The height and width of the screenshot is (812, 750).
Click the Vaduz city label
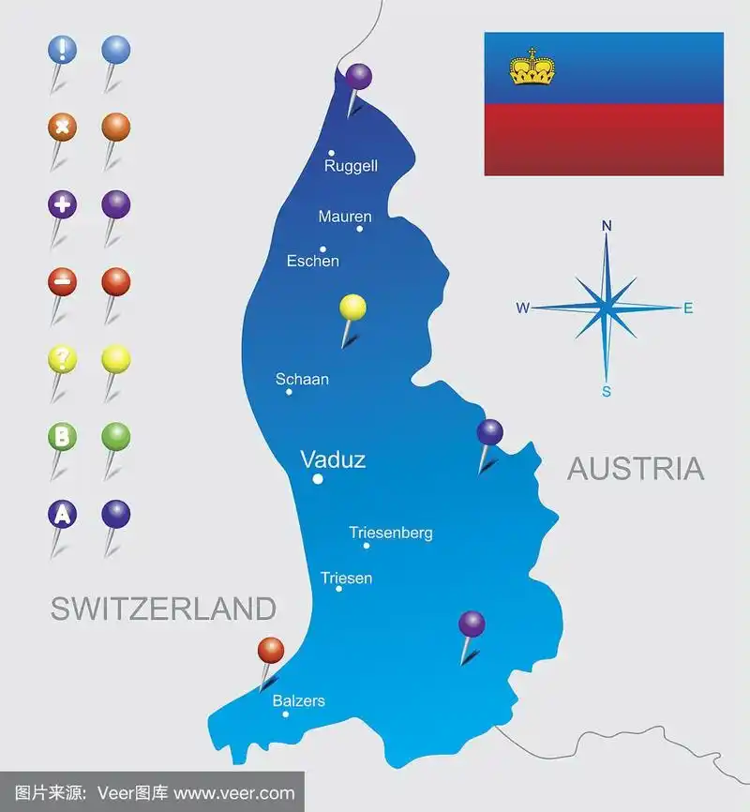click(x=332, y=459)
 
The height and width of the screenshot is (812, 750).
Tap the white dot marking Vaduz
click(x=318, y=479)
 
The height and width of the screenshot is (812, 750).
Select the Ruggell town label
click(x=351, y=166)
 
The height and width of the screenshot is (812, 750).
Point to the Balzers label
click(x=298, y=700)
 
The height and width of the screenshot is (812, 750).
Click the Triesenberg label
click(x=390, y=533)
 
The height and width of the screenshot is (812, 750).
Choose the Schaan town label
click(x=302, y=380)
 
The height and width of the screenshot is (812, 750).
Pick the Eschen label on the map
click(x=313, y=261)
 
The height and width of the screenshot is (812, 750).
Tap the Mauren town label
click(x=345, y=217)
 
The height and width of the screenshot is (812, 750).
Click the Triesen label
click(x=346, y=579)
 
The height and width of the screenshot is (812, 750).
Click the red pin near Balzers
click(x=270, y=650)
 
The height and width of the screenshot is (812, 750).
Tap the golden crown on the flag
click(x=532, y=68)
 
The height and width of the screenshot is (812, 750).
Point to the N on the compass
click(x=607, y=225)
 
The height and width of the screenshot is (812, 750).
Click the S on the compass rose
click(x=607, y=391)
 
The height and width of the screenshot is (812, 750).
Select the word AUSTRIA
click(x=636, y=469)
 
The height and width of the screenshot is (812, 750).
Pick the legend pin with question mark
click(x=62, y=359)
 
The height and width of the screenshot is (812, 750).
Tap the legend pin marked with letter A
click(x=62, y=514)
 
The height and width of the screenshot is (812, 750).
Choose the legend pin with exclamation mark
click(x=62, y=49)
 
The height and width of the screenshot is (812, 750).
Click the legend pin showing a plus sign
click(x=62, y=204)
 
